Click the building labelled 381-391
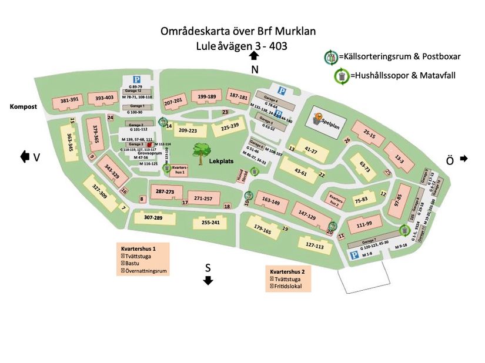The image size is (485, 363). [69, 100]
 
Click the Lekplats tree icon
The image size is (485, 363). [201, 152]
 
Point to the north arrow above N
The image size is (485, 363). [254, 56]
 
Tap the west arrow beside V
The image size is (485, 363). [25, 157]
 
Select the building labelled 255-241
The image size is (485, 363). [210, 223]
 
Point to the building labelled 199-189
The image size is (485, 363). [207, 97]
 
